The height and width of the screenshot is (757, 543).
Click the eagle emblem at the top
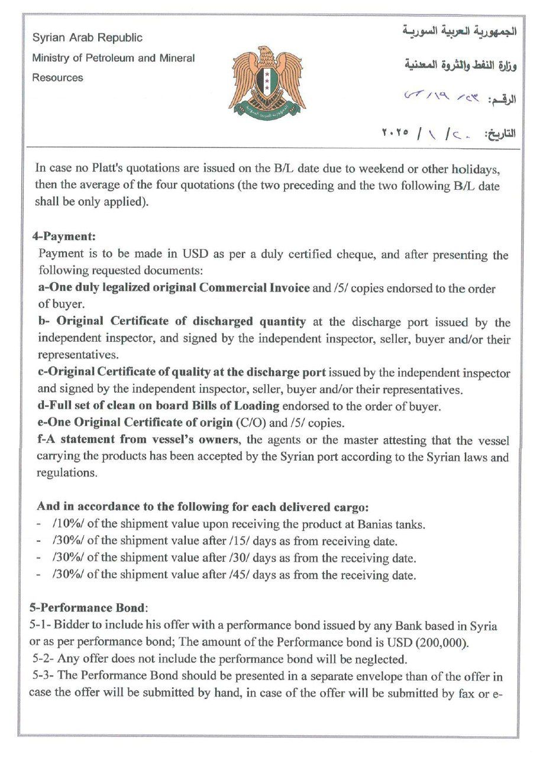point(267,80)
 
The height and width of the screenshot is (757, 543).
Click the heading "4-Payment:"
point(64,236)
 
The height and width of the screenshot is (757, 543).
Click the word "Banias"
point(370,524)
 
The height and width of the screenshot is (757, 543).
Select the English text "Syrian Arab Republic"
point(87,37)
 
